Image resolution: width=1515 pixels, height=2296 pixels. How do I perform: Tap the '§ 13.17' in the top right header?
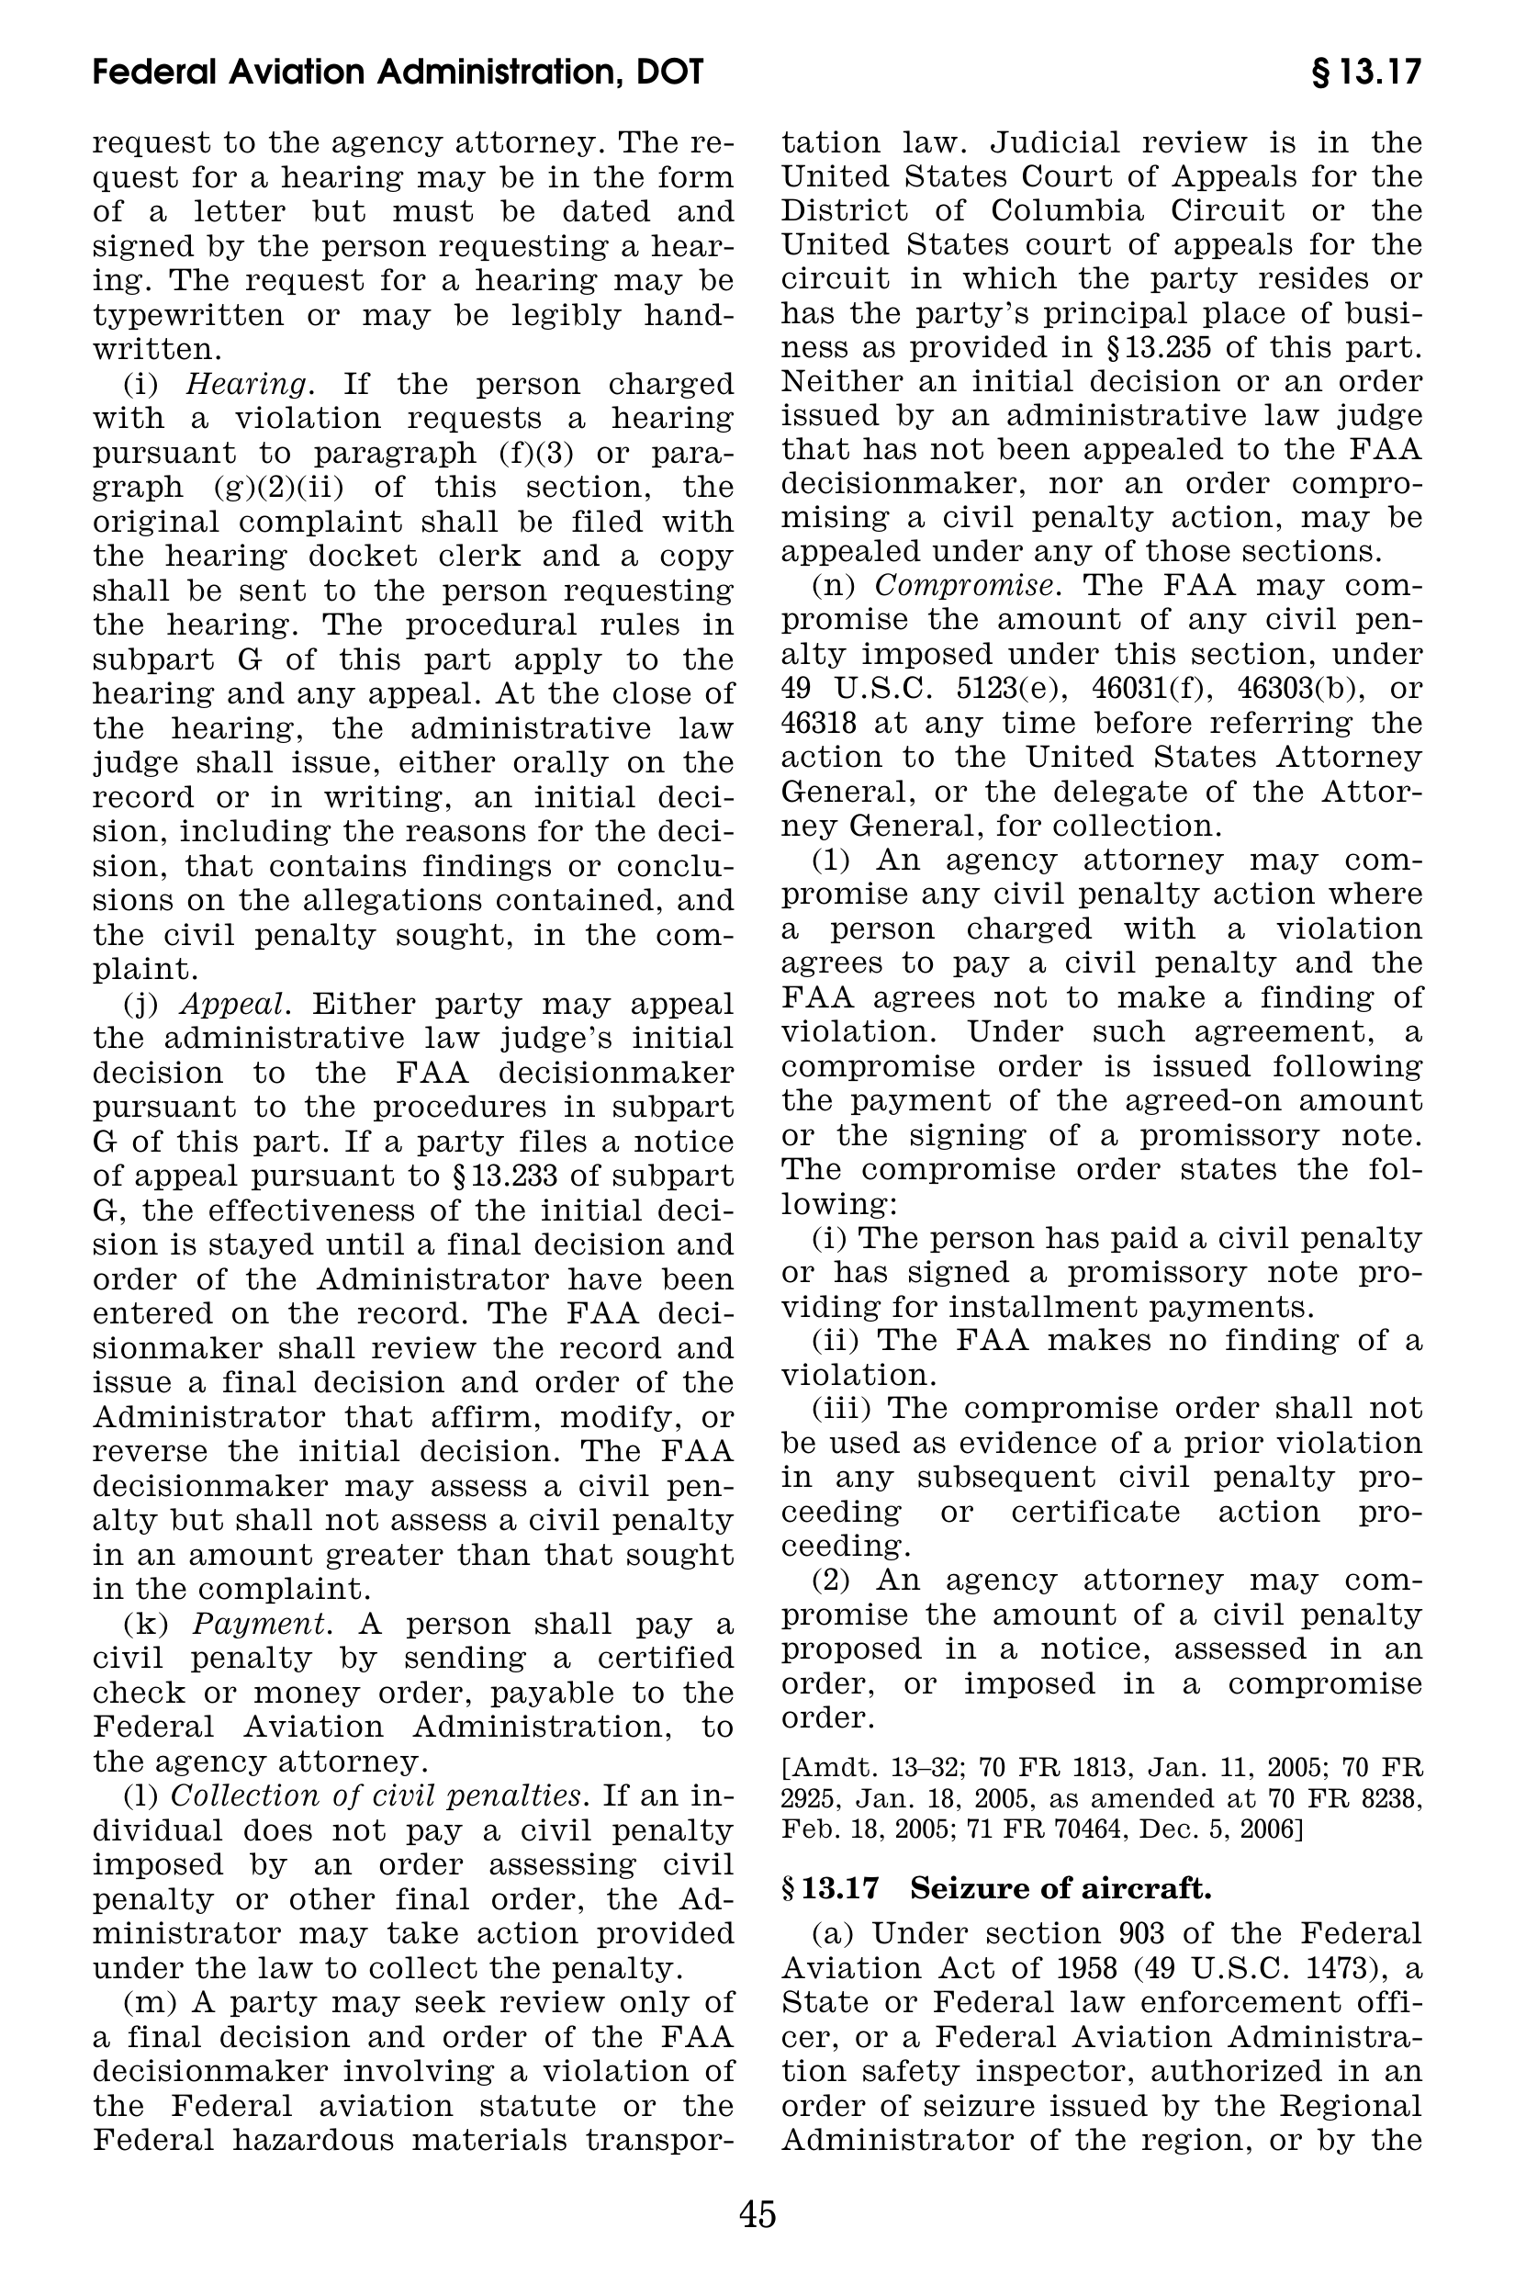coord(1366,73)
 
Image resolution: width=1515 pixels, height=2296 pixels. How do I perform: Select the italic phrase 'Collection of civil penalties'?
coord(377,1795)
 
